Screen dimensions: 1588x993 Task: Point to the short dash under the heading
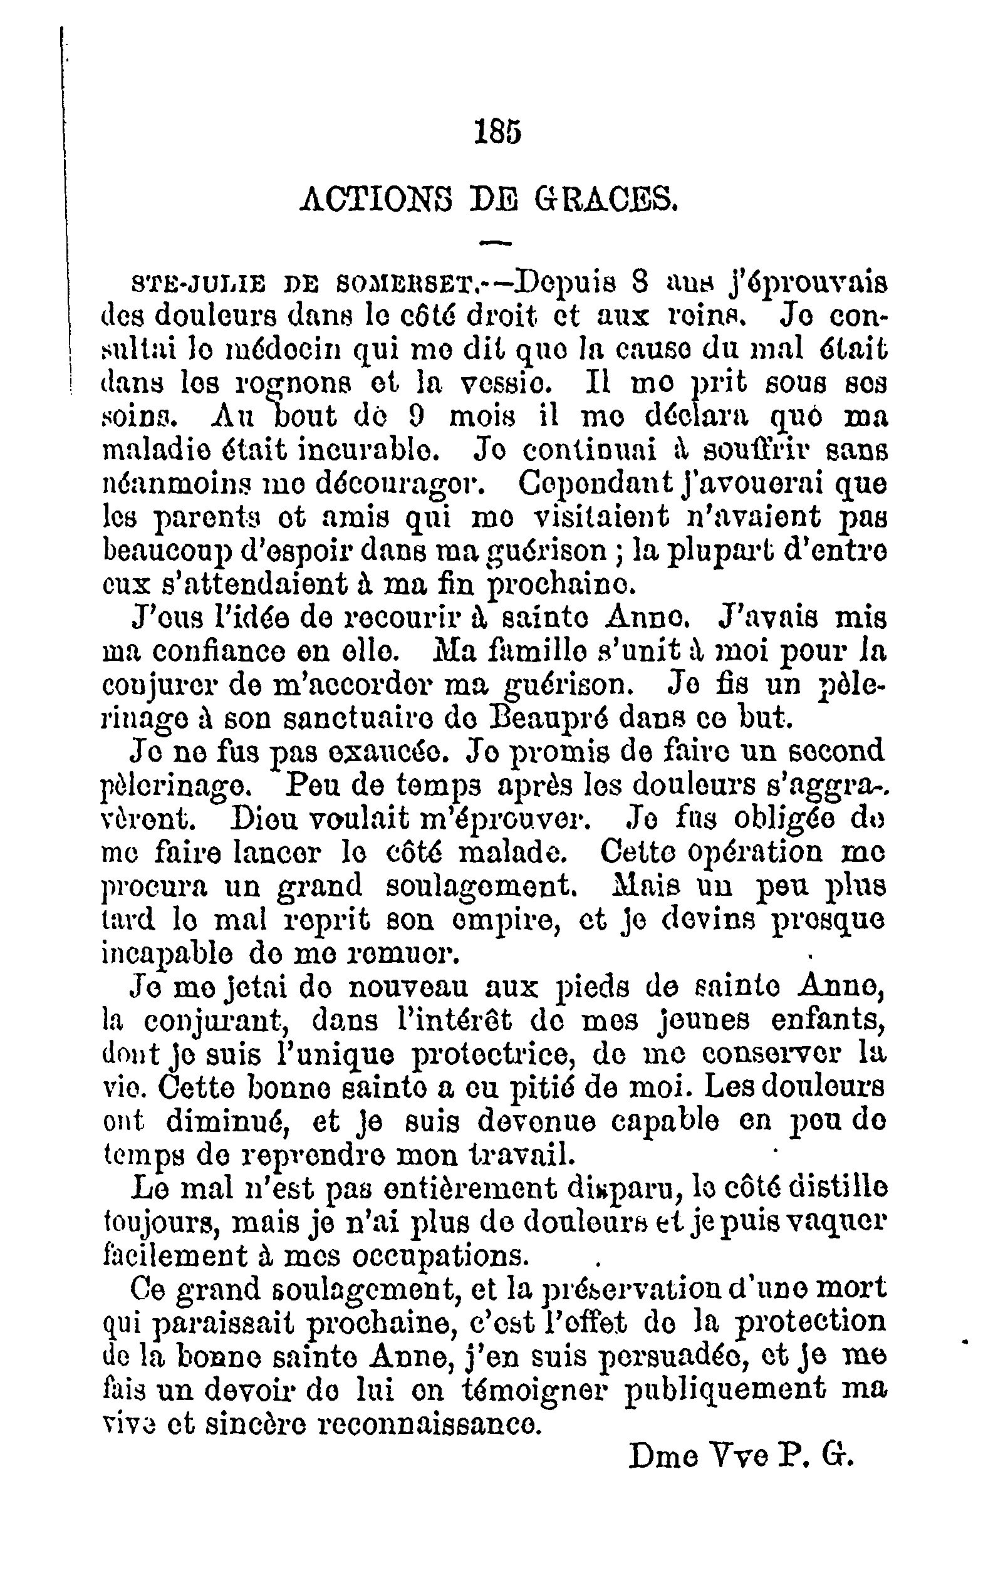tap(496, 244)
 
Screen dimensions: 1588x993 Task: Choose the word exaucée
tap(392, 752)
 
